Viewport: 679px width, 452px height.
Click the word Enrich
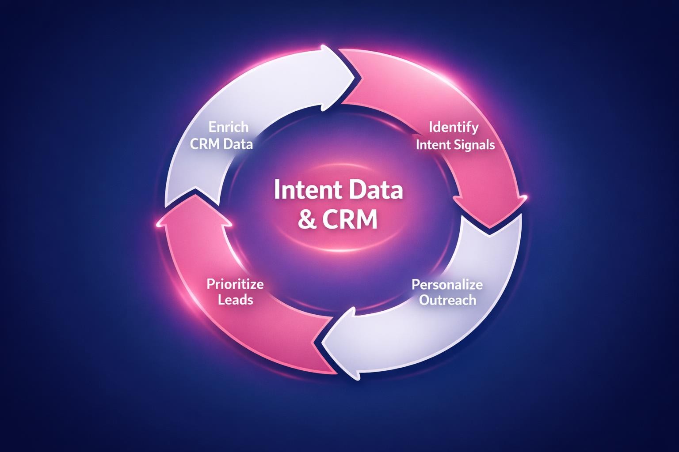tap(229, 127)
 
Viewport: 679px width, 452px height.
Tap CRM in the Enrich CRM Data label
tap(206, 144)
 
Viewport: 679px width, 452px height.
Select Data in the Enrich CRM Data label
tap(238, 144)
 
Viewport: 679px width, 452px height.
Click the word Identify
tap(454, 127)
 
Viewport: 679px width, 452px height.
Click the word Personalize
tap(447, 284)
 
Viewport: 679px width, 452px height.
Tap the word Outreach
tap(447, 301)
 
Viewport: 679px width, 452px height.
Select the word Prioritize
tap(235, 283)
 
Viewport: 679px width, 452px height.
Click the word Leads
tap(235, 300)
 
